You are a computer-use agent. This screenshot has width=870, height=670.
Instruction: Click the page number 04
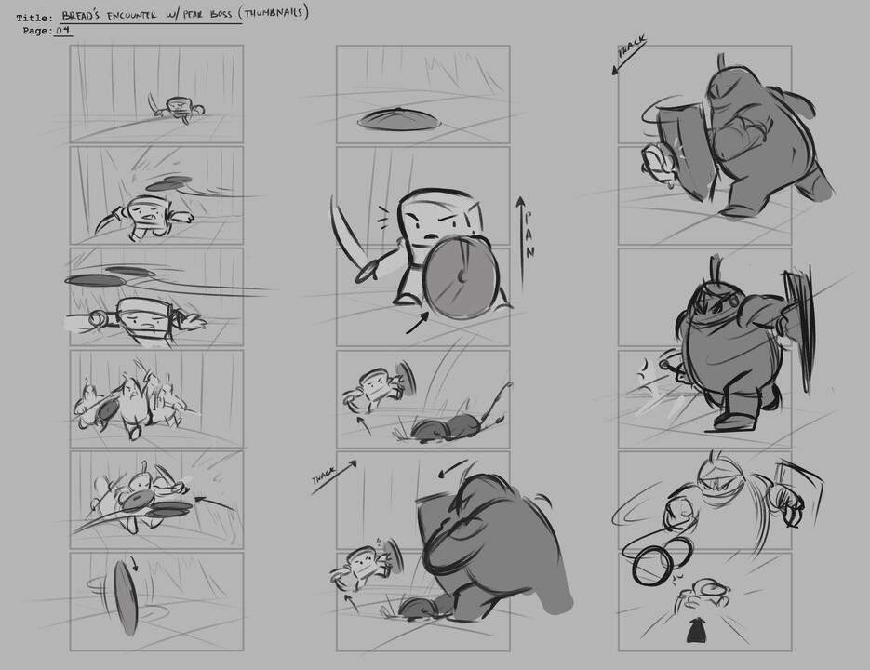[x=63, y=30]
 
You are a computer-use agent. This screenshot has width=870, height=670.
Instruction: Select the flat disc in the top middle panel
[x=398, y=118]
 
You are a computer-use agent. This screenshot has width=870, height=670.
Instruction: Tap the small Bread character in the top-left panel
[x=177, y=108]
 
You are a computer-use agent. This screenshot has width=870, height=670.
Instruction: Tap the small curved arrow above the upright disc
[x=134, y=563]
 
